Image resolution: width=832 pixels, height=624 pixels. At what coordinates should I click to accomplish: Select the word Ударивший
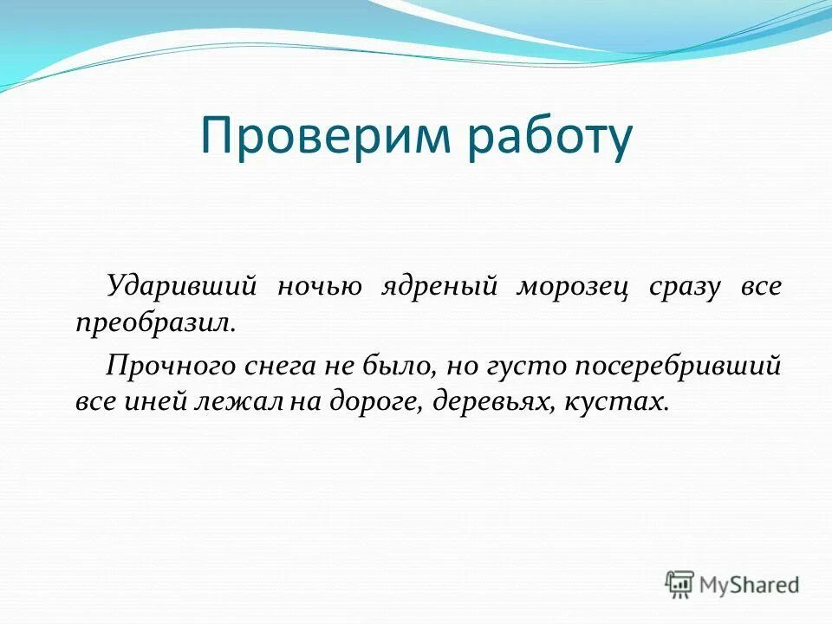pos(184,287)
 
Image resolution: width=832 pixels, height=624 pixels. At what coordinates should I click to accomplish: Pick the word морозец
pos(571,287)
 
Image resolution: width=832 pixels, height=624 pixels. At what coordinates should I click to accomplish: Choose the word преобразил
pos(153,323)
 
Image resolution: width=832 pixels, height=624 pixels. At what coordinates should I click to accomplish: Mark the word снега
pos(264,366)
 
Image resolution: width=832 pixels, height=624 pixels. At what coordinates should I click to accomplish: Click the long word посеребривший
pos(677,366)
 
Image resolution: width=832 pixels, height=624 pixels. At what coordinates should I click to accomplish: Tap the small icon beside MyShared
pos(680,585)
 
